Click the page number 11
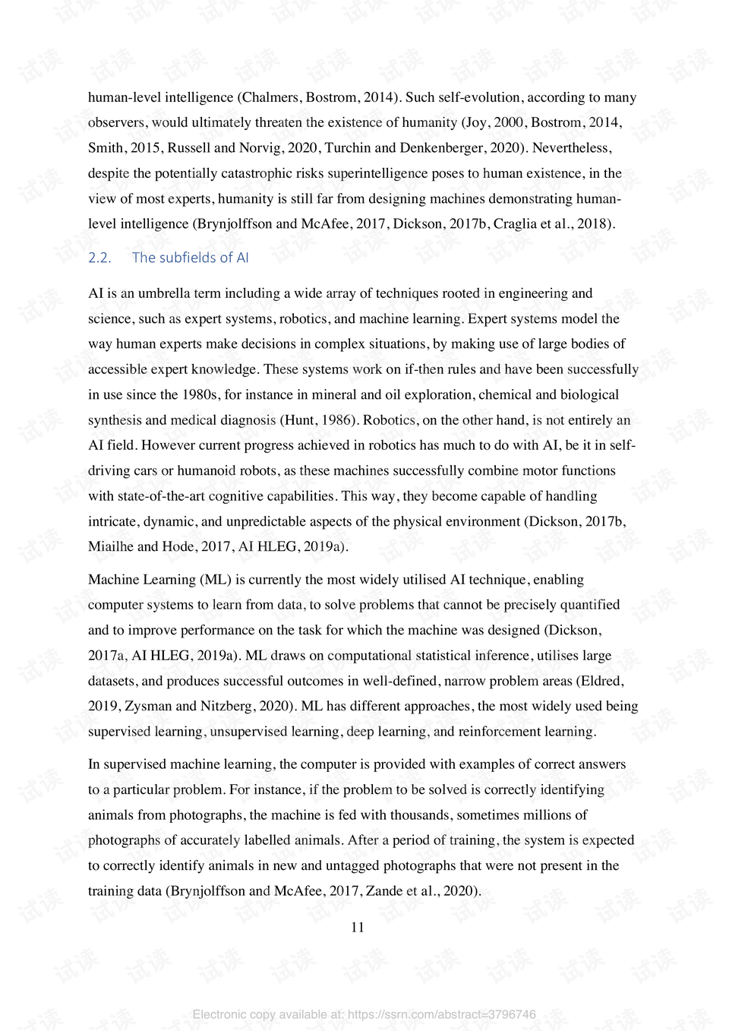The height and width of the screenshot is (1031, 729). point(357,927)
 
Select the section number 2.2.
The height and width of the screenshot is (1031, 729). point(99,258)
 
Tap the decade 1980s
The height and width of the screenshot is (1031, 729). point(200,394)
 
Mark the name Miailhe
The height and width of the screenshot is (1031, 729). point(111,546)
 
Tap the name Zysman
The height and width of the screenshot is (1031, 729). point(147,706)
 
